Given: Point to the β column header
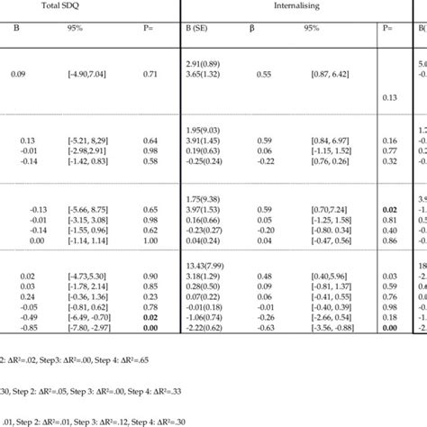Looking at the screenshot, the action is click(251, 28).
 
